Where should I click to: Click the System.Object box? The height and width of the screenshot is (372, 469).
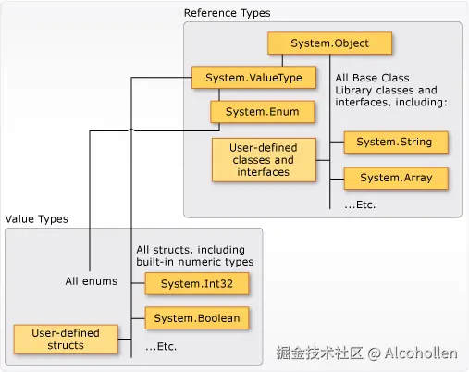click(330, 43)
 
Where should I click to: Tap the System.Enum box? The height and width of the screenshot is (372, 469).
click(262, 112)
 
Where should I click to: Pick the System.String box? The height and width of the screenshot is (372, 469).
click(395, 142)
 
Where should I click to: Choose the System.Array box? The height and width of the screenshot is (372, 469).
click(395, 177)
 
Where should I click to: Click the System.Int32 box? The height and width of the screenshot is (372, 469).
click(197, 282)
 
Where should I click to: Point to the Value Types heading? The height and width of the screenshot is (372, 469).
click(36, 218)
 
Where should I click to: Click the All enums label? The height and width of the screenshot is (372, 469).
click(91, 281)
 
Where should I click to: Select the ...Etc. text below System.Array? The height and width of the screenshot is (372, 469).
click(360, 205)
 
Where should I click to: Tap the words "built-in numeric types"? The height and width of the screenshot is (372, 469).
click(195, 262)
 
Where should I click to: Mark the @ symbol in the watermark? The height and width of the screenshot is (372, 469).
click(374, 353)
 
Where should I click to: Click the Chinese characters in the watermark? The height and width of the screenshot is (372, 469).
click(319, 353)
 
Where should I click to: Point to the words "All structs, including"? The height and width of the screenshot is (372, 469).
click(191, 249)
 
